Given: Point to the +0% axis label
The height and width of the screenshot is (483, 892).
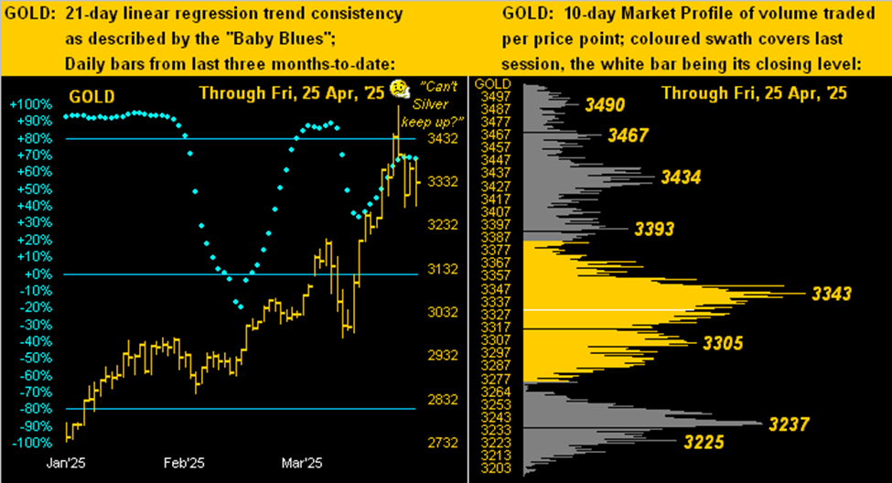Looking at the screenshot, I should pyautogui.click(x=34, y=274).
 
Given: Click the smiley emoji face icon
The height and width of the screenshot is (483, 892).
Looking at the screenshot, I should pyautogui.click(x=398, y=89).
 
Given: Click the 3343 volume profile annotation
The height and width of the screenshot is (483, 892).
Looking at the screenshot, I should pyautogui.click(x=831, y=294).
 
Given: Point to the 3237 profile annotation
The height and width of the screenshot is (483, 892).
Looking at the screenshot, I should pyautogui.click(x=791, y=424).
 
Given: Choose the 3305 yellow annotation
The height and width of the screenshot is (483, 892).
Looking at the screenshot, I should pyautogui.click(x=723, y=343).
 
